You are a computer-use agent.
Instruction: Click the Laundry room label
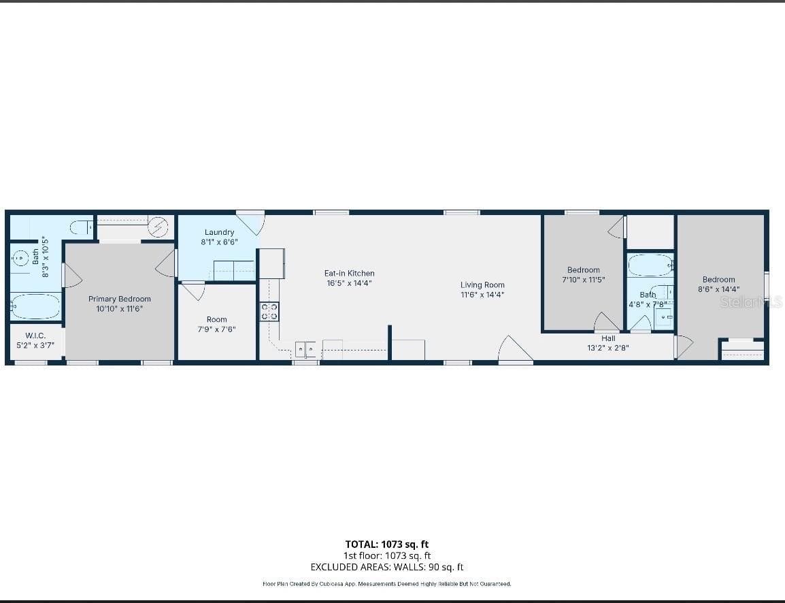click(x=219, y=232)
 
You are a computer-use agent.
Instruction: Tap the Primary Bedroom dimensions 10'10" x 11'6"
click(x=120, y=309)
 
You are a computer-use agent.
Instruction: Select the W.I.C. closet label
click(x=35, y=336)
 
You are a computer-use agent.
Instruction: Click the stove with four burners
click(x=269, y=312)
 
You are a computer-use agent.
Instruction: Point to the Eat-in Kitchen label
click(x=350, y=274)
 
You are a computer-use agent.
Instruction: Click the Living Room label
click(x=482, y=285)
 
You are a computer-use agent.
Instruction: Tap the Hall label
click(x=608, y=338)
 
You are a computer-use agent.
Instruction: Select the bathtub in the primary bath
click(x=35, y=306)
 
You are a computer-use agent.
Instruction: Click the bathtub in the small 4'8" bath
click(x=650, y=265)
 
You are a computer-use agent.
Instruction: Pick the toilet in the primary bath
click(x=81, y=227)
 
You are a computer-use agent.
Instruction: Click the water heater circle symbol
click(x=158, y=227)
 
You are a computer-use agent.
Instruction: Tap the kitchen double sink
click(x=305, y=348)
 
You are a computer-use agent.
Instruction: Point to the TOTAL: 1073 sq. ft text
click(x=387, y=544)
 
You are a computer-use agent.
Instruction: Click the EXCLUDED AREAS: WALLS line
click(x=387, y=567)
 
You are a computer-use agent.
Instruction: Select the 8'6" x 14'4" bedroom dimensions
click(x=719, y=289)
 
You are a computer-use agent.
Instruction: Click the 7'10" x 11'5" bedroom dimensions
click(x=584, y=280)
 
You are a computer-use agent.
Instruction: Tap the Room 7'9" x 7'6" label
click(x=217, y=325)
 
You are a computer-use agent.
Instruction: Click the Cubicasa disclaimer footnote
click(x=387, y=584)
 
